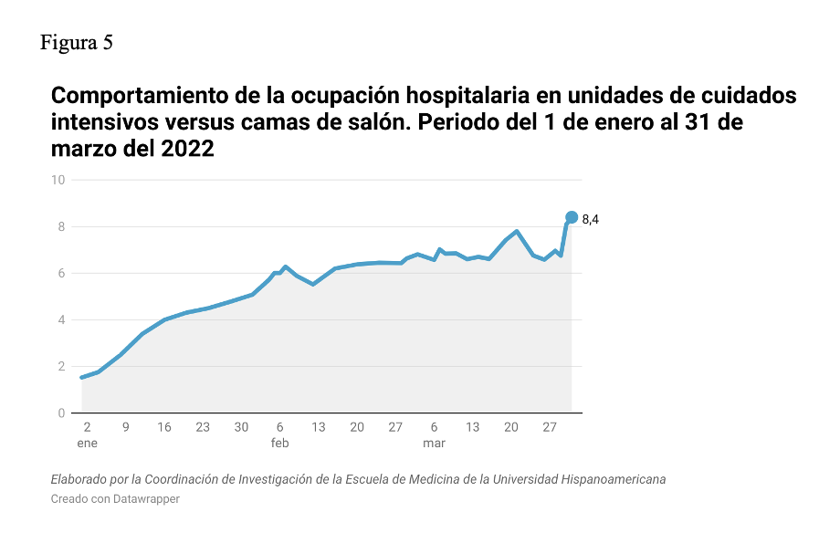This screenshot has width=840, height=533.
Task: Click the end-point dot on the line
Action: [x=572, y=217]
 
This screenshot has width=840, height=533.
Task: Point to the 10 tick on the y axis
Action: [x=58, y=180]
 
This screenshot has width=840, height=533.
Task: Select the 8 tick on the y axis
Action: [x=61, y=226]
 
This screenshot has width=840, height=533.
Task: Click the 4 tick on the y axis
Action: [x=61, y=319]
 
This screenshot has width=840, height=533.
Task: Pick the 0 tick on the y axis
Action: [x=61, y=413]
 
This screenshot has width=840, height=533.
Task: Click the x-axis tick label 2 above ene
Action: [x=87, y=427]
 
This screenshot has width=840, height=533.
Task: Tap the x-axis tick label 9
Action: [x=125, y=427]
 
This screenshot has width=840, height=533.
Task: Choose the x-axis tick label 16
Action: [x=164, y=427]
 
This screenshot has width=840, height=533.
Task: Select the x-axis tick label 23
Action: [x=203, y=427]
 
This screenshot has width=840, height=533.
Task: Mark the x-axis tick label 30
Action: [x=241, y=427]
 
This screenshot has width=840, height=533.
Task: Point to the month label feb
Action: [x=279, y=444]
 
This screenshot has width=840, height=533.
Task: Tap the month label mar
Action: [x=435, y=444]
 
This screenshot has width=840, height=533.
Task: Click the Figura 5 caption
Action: [x=77, y=42]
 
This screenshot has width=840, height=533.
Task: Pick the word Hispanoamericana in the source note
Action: [x=614, y=479]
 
